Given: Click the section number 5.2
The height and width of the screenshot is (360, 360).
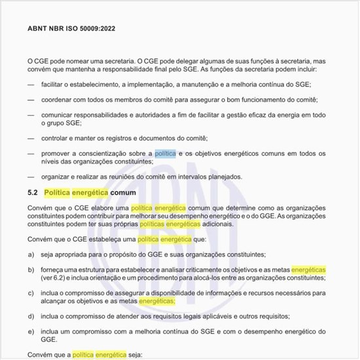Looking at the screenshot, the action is (x=33, y=192).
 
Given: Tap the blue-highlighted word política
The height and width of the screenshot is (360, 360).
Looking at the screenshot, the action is (x=166, y=153).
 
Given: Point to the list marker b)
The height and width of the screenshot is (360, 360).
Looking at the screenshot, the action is (x=31, y=270).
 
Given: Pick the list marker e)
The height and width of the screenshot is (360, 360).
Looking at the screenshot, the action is (x=31, y=333).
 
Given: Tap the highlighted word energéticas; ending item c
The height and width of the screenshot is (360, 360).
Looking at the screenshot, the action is (x=156, y=301).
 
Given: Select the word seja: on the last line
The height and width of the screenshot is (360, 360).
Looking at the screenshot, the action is (x=135, y=355).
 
